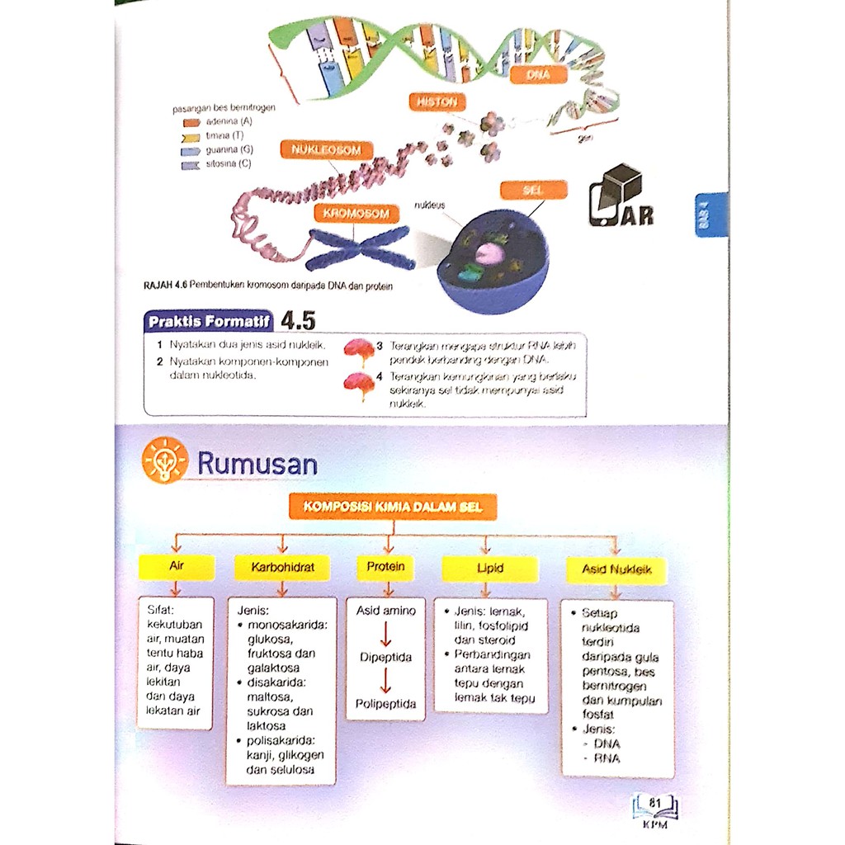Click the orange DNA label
[x=540, y=74]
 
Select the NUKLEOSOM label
[x=326, y=150]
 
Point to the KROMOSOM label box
[x=356, y=214]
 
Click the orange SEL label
[x=534, y=190]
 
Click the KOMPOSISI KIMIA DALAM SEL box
[x=393, y=507]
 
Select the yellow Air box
[x=177, y=567]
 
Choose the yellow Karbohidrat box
[x=282, y=568]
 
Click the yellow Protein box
[x=385, y=567]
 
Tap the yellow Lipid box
[x=489, y=568]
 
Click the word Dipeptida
[x=385, y=657]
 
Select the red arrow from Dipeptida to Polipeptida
[x=385, y=681]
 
